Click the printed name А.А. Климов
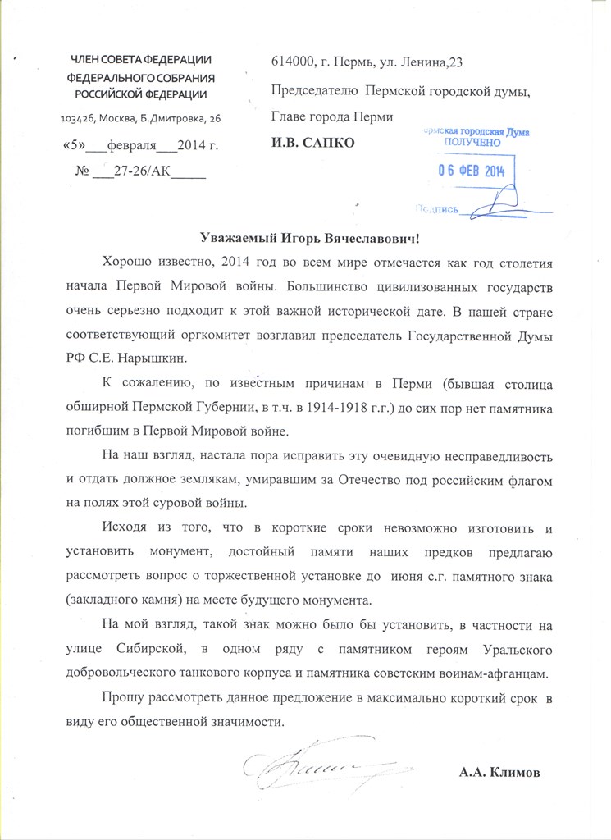click(503, 774)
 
